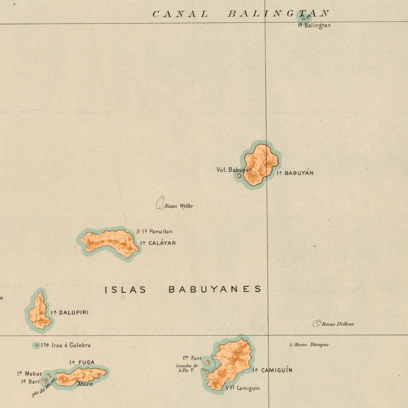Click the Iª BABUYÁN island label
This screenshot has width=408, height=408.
tap(295, 173)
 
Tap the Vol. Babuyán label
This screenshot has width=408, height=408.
tap(234, 170)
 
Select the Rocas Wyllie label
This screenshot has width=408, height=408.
tap(179, 206)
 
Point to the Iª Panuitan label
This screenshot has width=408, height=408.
tap(157, 232)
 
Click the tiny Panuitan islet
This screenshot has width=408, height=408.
tap(138, 232)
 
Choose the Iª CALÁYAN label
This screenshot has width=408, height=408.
tap(158, 243)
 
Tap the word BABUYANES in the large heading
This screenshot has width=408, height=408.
tap(215, 289)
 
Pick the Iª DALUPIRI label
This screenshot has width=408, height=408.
tap(69, 312)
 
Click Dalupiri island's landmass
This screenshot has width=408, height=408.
tap(40, 312)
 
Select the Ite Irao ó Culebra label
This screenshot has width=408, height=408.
tap(66, 345)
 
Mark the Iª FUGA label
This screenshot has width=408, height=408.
tap(82, 363)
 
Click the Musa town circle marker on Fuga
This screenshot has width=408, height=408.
tap(77, 381)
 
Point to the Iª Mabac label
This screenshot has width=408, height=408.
tap(30, 374)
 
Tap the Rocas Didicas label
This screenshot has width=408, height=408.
tap(338, 324)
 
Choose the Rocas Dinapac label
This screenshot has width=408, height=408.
tap(311, 345)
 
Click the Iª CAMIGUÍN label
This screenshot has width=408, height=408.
tap(272, 370)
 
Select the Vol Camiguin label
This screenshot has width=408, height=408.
tap(243, 388)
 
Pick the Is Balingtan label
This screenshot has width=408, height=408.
tap(314, 25)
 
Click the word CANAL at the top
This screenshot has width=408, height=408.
tap(180, 14)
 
